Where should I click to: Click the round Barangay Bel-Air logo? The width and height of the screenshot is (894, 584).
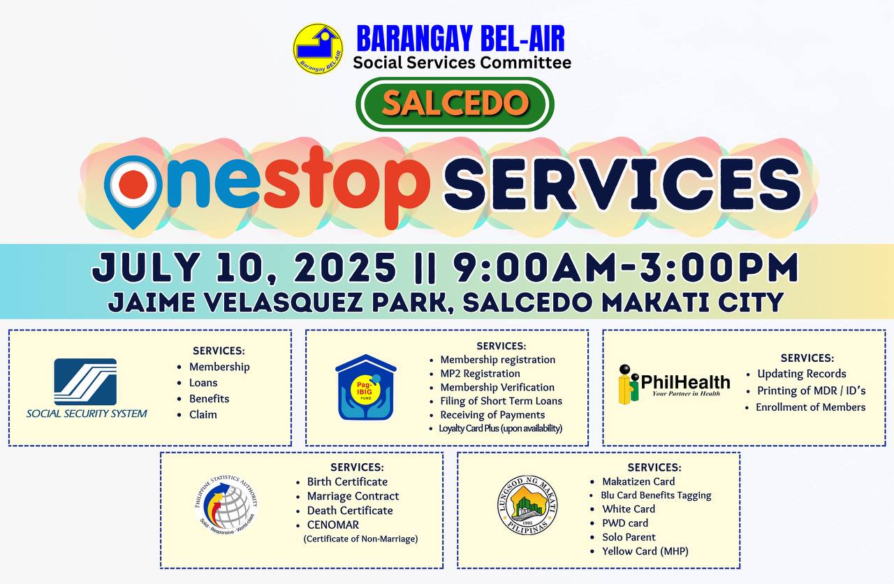318,48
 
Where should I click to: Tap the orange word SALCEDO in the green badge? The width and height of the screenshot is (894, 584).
455,103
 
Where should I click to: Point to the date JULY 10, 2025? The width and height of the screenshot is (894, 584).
244,268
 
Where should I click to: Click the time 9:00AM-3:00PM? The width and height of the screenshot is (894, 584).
626,268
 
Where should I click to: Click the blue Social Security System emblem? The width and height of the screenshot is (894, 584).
85,381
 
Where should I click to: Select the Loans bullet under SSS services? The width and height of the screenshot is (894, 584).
203,382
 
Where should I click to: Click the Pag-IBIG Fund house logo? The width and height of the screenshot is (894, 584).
366,387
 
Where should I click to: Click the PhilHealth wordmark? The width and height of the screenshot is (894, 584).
685,382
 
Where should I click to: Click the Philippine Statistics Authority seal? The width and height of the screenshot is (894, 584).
226,505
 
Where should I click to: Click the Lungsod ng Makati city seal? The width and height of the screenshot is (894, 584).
527,505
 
